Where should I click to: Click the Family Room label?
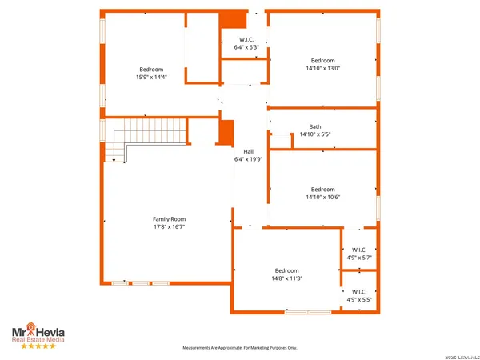pyautogui.click(x=169, y=218)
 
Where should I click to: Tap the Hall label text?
pyautogui.click(x=248, y=151)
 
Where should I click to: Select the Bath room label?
pyautogui.click(x=315, y=126)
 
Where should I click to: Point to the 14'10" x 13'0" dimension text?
pyautogui.click(x=323, y=69)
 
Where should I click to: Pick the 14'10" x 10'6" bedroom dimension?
pyautogui.click(x=323, y=197)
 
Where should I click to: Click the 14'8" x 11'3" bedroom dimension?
pyautogui.click(x=286, y=278)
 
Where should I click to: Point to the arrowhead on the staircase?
pyautogui.click(x=114, y=160)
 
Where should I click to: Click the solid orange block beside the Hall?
pyautogui.click(x=226, y=132)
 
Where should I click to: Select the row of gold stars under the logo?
pyautogui.click(x=38, y=346)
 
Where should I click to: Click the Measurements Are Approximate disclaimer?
pyautogui.click(x=240, y=348)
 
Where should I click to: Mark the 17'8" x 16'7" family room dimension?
pyautogui.click(x=169, y=226)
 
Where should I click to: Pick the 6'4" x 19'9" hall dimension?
pyautogui.click(x=248, y=159)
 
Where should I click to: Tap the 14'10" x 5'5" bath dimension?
pyautogui.click(x=315, y=134)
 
